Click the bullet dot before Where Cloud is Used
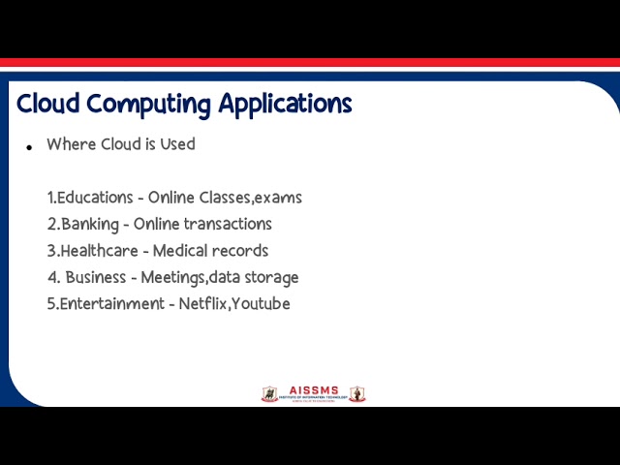tap(29, 147)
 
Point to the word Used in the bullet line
tap(178, 144)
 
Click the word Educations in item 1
tap(95, 198)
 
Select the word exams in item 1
tap(278, 198)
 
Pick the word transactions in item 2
tap(228, 224)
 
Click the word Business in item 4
tap(96, 277)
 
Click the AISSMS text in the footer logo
tap(314, 390)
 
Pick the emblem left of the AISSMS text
tap(269, 394)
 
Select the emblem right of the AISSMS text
tap(357, 394)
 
